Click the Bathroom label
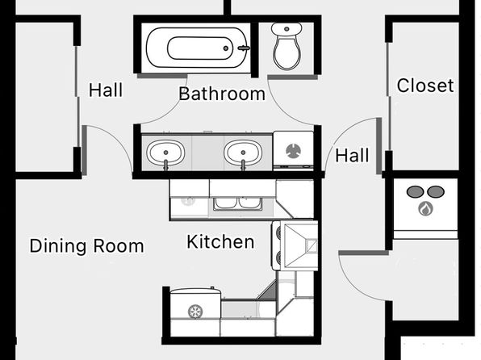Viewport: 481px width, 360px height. pyautogui.click(x=222, y=94)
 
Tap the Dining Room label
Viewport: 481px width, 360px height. pyautogui.click(x=87, y=246)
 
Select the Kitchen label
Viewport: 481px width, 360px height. pyautogui.click(x=220, y=241)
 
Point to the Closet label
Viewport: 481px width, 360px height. pyautogui.click(x=425, y=86)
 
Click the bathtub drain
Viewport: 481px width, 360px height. pyautogui.click(x=226, y=48)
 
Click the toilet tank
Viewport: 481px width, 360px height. pyautogui.click(x=287, y=30)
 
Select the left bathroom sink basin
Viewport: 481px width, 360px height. pyautogui.click(x=165, y=153)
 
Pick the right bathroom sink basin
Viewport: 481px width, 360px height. pyautogui.click(x=243, y=153)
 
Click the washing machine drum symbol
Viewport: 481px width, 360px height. pyautogui.click(x=294, y=151)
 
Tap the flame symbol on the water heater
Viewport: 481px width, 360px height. pyautogui.click(x=425, y=209)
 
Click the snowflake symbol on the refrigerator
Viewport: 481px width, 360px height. pyautogui.click(x=195, y=312)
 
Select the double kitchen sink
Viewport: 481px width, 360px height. pyautogui.click(x=238, y=203)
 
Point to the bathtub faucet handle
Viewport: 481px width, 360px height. pyautogui.click(x=244, y=48)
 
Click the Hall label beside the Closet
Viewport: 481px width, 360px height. pyautogui.click(x=352, y=155)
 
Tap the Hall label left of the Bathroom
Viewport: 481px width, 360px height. pyautogui.click(x=106, y=90)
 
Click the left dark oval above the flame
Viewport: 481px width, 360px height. pyautogui.click(x=415, y=192)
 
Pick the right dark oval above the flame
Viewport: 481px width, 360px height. pyautogui.click(x=436, y=192)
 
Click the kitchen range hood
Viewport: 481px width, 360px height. pyautogui.click(x=300, y=246)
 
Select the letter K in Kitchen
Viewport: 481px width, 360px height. pyautogui.click(x=192, y=241)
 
